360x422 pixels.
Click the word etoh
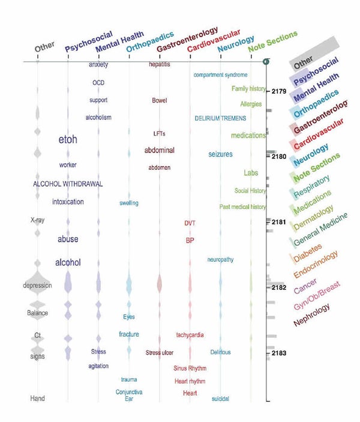coord(67,140)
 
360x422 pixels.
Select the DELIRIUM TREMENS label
coord(220,118)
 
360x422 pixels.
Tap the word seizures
coord(220,154)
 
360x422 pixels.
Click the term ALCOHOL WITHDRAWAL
coord(68,184)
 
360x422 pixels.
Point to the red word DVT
coord(190,223)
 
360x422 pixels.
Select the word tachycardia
coord(191,334)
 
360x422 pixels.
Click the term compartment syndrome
coord(220,75)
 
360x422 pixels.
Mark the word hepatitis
coord(160,64)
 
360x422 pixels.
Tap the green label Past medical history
coord(242,207)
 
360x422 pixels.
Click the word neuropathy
coord(220,260)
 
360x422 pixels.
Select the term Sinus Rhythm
coord(189,368)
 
